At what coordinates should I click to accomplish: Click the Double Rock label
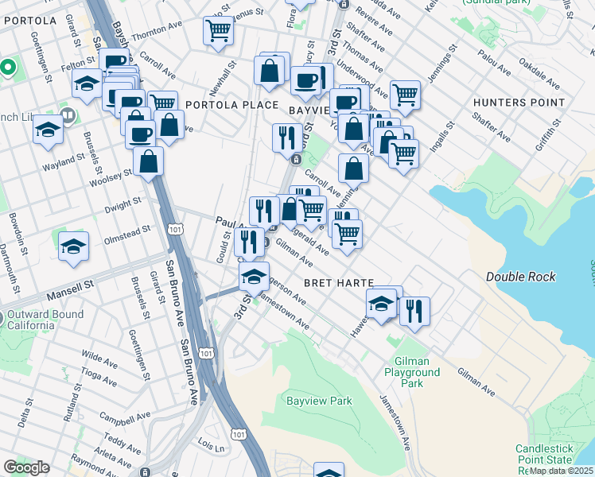tap(521, 277)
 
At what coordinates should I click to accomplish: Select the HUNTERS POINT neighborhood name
tap(518, 103)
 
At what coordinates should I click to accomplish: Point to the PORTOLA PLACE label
tap(232, 105)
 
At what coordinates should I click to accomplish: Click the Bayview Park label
tap(319, 401)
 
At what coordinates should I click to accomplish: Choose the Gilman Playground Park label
tap(411, 372)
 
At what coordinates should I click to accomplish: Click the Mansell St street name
tap(70, 282)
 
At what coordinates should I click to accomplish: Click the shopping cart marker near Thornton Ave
tap(218, 31)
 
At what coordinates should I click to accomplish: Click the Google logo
tap(27, 467)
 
